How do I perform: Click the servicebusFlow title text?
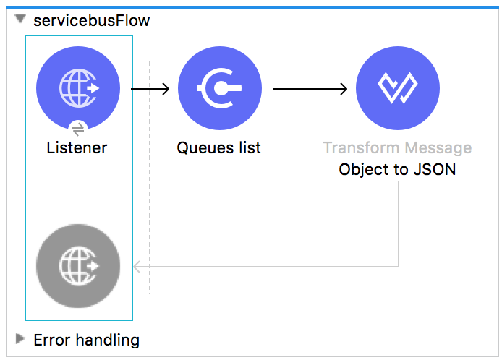(x=92, y=20)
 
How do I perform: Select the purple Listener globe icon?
(x=78, y=87)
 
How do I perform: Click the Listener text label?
(x=77, y=148)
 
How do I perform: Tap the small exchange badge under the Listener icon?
(x=78, y=129)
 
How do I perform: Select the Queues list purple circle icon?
(x=219, y=87)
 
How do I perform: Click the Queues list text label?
(x=219, y=148)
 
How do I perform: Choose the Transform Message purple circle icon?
(x=397, y=87)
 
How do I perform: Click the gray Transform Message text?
(x=397, y=148)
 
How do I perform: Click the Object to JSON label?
(x=397, y=171)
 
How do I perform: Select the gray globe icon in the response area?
(x=78, y=266)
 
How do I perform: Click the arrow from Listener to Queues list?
(x=150, y=89)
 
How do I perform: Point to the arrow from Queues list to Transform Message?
(x=310, y=89)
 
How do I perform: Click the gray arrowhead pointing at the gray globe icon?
(x=137, y=267)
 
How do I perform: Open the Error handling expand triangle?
(x=20, y=339)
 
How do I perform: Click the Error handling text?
(x=86, y=340)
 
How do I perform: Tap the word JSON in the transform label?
(x=437, y=171)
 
